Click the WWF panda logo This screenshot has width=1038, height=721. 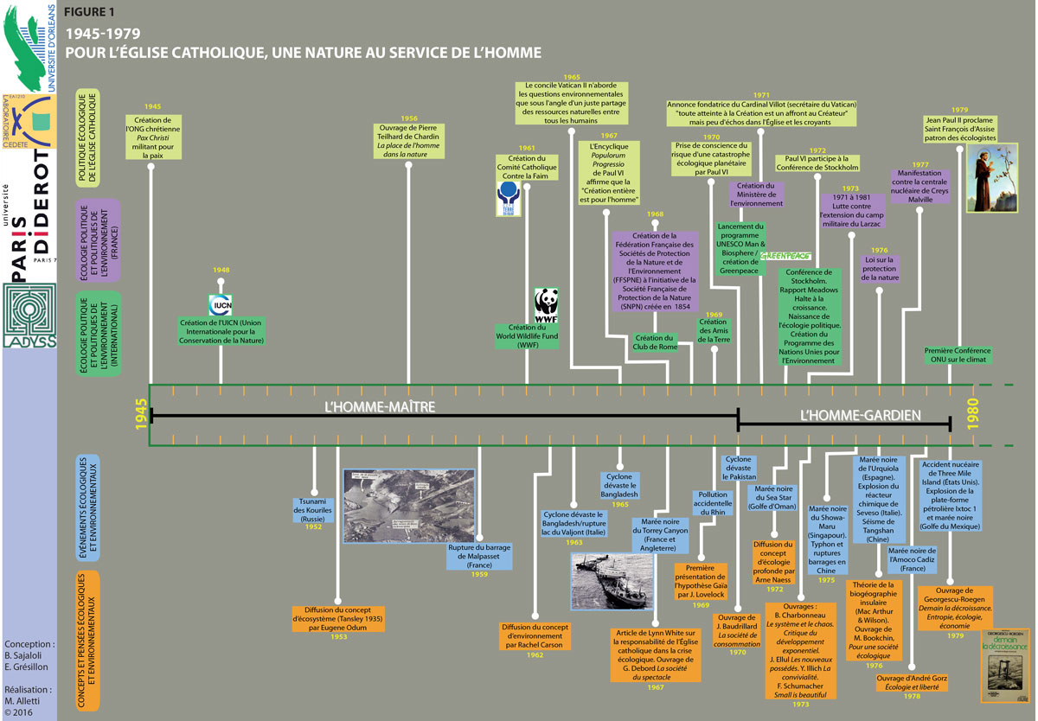546,305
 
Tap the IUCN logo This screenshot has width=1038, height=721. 221,304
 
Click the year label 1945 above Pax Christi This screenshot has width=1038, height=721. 152,105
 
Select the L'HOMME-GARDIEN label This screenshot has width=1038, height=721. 860,415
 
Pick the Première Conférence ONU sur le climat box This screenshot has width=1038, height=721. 957,356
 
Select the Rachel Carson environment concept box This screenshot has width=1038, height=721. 535,637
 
